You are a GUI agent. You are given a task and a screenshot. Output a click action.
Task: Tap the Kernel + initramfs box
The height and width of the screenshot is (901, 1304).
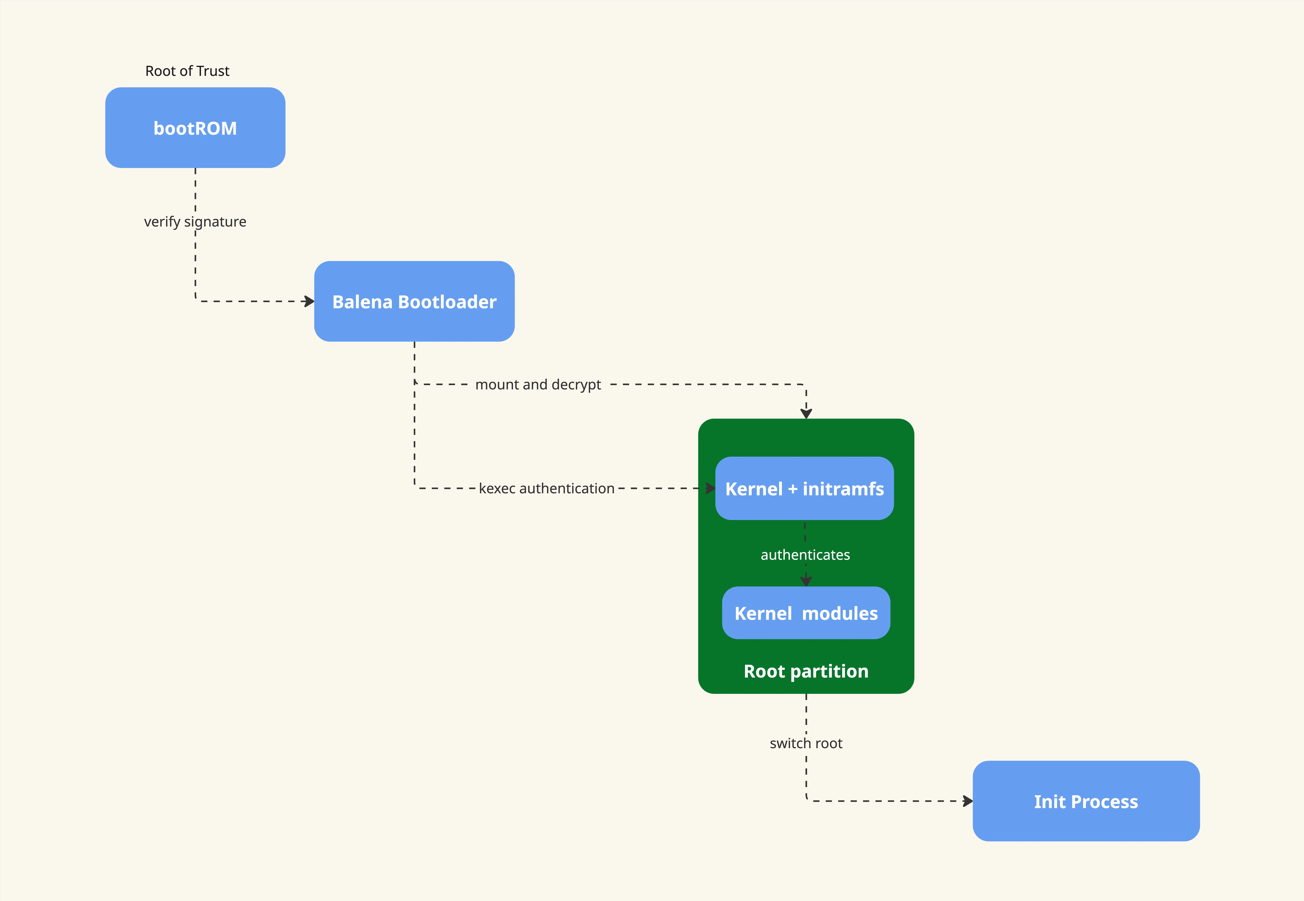tap(804, 488)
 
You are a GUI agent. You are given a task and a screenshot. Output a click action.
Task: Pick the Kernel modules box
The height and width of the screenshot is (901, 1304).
tap(806, 613)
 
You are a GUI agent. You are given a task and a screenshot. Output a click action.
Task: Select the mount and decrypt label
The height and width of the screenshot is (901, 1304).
tap(538, 384)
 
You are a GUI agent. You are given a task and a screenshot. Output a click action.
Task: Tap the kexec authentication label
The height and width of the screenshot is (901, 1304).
tap(546, 488)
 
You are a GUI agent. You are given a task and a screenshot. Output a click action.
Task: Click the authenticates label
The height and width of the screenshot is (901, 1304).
tap(805, 555)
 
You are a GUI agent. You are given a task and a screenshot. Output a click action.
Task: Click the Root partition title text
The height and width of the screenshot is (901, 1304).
tap(806, 671)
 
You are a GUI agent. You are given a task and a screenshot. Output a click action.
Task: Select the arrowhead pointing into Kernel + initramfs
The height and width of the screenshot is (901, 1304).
tap(710, 488)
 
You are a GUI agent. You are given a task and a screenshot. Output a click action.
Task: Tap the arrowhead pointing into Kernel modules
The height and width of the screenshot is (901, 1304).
tap(806, 581)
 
